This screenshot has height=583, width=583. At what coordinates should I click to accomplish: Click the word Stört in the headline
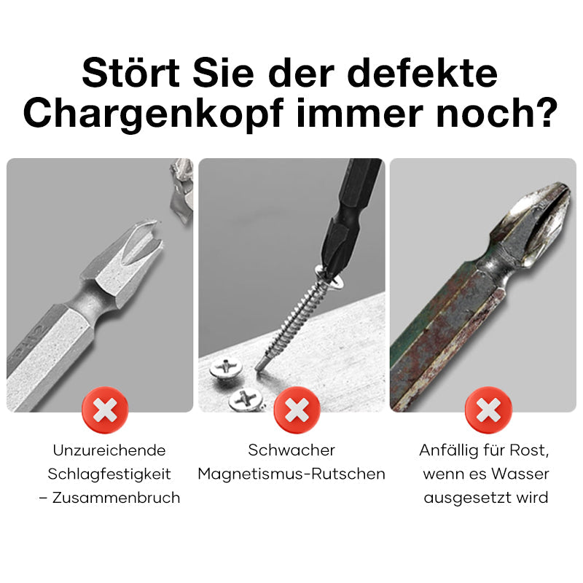[x=131, y=73]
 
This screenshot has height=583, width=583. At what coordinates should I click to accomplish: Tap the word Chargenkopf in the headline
[x=154, y=114]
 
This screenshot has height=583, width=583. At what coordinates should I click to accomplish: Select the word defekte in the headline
[x=422, y=73]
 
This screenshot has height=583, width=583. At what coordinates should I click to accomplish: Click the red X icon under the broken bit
[x=105, y=410]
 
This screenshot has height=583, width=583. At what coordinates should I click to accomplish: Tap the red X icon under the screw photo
[x=297, y=410]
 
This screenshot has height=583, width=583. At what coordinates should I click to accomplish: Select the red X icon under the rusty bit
[x=488, y=410]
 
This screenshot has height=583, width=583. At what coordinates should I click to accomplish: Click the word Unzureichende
[x=109, y=450]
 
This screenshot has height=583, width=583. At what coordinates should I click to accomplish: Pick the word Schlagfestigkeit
[x=109, y=474]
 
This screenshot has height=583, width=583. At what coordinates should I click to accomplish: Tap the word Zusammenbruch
[x=117, y=498]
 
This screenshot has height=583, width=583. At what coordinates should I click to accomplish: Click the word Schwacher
[x=291, y=450]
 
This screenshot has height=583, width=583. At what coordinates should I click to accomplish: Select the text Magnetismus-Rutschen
[x=291, y=474]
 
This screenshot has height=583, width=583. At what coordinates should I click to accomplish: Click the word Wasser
[x=520, y=474]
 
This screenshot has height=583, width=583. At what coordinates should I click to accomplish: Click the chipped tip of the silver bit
[x=152, y=232]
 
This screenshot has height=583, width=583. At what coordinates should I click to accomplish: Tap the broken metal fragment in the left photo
[x=181, y=192]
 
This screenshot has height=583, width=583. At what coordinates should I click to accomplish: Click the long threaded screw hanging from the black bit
[x=297, y=317]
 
